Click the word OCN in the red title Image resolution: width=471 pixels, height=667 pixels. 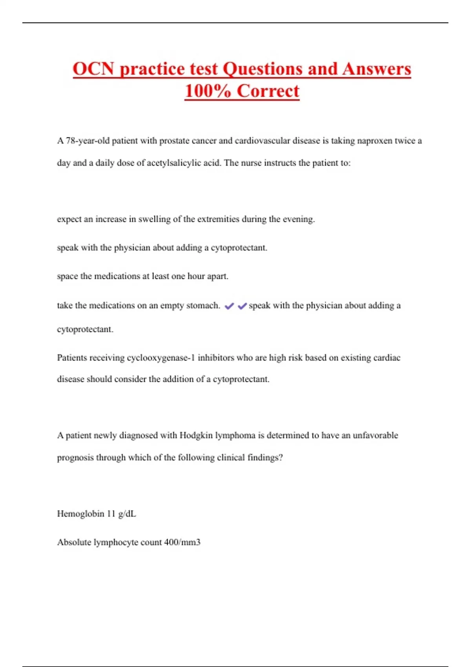coord(93,69)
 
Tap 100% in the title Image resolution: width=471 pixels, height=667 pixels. coord(208,91)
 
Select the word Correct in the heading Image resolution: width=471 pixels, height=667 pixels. coord(268,91)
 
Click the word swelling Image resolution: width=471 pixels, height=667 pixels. coord(154,219)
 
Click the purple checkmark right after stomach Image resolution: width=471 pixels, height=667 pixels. coord(229,306)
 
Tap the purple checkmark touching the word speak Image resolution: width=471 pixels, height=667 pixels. coord(242,306)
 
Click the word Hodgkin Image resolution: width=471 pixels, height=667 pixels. coord(195,436)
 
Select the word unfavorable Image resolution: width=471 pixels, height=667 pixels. coord(375,436)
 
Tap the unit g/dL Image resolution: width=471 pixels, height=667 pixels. coord(127,514)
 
